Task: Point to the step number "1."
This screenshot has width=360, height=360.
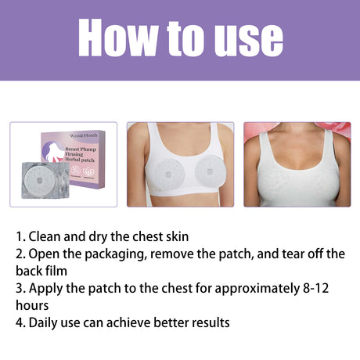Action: (20, 236)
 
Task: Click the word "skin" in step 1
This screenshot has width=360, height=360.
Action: (174, 236)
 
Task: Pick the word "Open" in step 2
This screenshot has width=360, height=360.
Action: (44, 253)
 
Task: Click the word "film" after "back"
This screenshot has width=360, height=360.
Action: (56, 270)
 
